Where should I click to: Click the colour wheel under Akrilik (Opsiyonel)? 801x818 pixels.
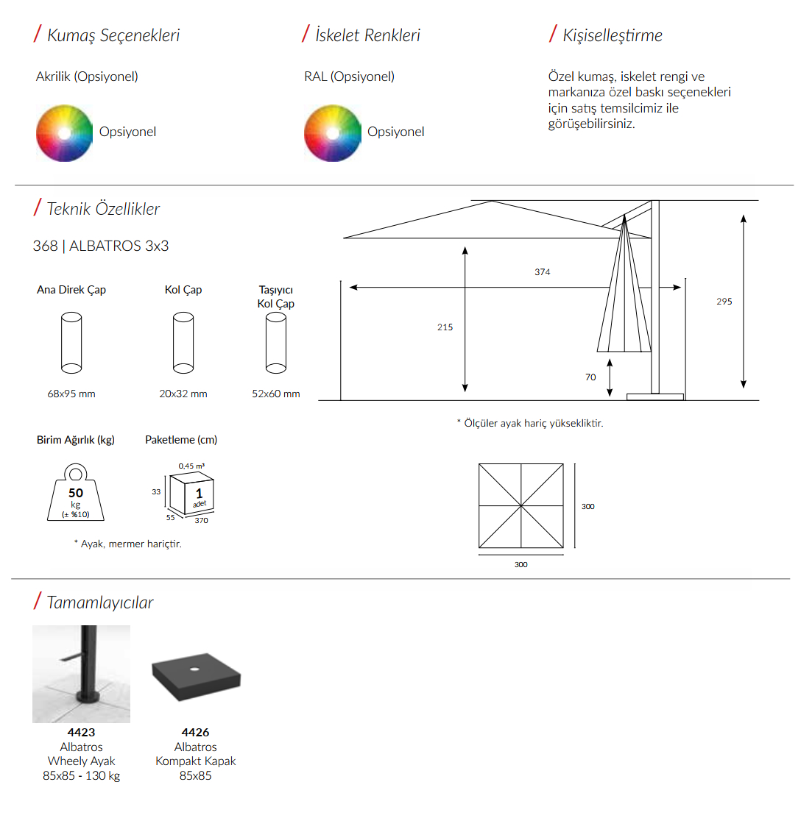(64, 133)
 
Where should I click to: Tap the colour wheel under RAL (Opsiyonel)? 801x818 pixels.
(333, 133)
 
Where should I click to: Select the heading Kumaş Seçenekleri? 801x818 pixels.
(113, 35)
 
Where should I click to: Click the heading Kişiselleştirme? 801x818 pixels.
(613, 35)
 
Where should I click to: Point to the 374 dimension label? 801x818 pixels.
(542, 271)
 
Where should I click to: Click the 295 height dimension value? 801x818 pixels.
(724, 302)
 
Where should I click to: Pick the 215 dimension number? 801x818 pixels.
(445, 327)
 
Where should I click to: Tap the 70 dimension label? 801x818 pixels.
(590, 377)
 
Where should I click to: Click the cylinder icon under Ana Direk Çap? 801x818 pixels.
(71, 343)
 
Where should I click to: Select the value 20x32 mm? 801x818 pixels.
(183, 394)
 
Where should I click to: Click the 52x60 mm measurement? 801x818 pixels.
(275, 394)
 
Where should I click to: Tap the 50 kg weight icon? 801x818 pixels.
(76, 492)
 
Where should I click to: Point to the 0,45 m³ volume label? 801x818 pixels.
(191, 466)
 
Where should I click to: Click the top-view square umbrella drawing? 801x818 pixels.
(521, 505)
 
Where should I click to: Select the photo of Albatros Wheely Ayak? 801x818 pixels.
(82, 674)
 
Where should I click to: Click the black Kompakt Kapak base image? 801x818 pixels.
(196, 677)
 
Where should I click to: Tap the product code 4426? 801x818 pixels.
(195, 733)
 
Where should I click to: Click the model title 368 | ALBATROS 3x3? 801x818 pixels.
(101, 246)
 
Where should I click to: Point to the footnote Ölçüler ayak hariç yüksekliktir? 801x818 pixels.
(530, 423)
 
